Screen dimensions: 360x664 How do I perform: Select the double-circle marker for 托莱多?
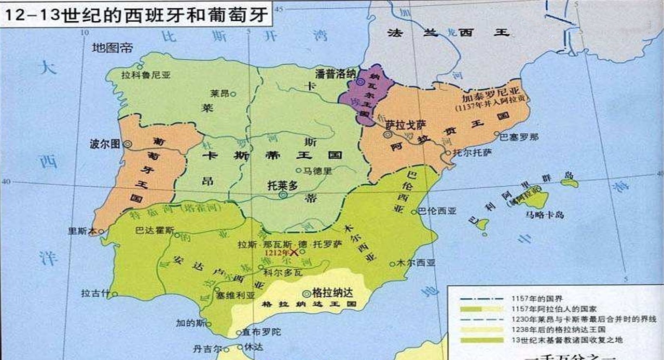[283, 195]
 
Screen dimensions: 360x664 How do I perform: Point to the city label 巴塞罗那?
[519, 137]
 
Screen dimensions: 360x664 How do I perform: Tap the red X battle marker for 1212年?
[294, 253]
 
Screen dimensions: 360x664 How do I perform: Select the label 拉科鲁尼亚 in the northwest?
[146, 74]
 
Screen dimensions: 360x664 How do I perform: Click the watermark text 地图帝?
[113, 48]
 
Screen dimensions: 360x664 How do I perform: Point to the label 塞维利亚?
[237, 295]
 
